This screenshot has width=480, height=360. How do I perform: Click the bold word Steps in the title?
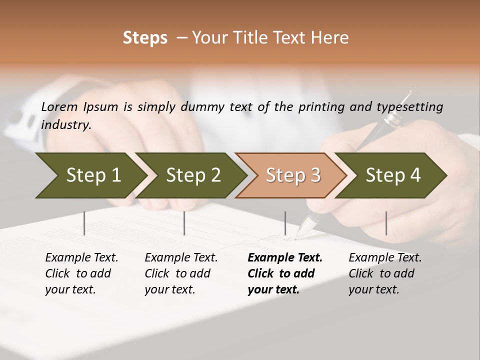click(x=145, y=38)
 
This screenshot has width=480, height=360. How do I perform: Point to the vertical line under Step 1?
click(x=84, y=223)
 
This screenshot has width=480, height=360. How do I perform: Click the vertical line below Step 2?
click(x=184, y=223)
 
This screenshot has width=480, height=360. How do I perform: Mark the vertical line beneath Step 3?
click(x=285, y=223)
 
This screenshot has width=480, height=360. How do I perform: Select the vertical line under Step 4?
click(x=386, y=223)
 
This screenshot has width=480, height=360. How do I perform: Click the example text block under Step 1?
click(x=81, y=273)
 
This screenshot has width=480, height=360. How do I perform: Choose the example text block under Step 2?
click(x=181, y=273)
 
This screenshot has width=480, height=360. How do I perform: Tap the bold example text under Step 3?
click(x=285, y=273)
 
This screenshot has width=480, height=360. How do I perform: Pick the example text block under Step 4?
click(x=385, y=273)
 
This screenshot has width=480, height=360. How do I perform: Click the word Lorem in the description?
click(x=59, y=106)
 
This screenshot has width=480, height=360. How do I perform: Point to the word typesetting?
click(x=409, y=106)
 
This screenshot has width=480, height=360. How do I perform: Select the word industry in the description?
click(x=66, y=124)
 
